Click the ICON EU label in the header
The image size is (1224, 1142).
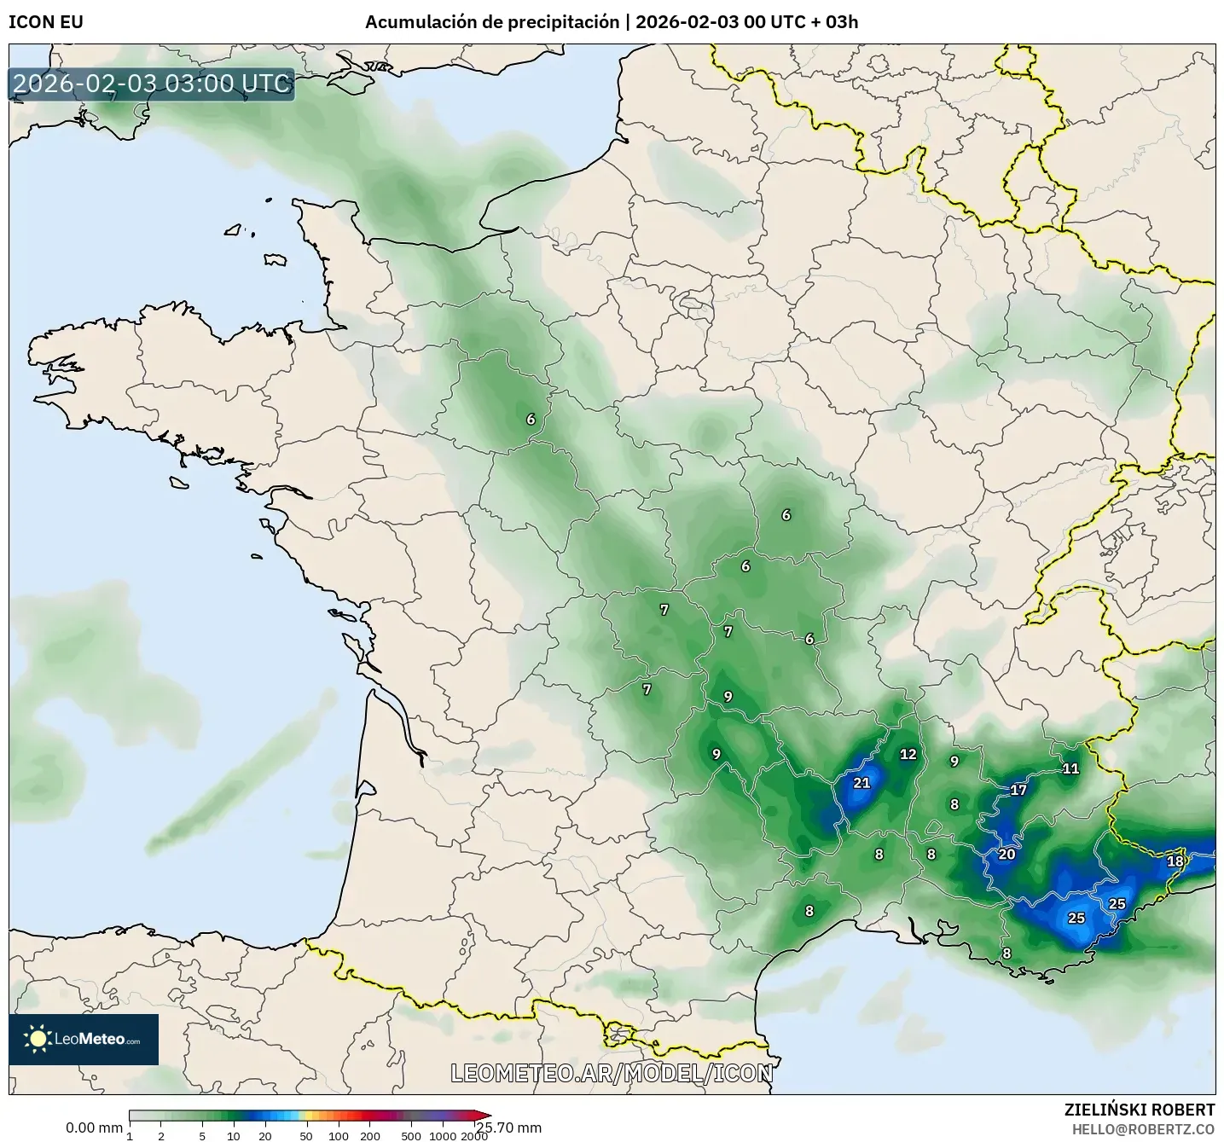[x=46, y=22]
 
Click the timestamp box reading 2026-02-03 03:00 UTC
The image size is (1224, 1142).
[x=152, y=84]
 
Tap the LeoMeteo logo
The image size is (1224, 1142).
[x=84, y=1039]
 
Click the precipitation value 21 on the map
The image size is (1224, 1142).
[x=861, y=782]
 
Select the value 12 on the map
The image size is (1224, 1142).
[x=908, y=754]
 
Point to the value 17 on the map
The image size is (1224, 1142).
[x=1018, y=790]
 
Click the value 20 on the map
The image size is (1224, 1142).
[x=1006, y=854]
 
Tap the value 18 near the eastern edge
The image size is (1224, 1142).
[x=1175, y=861]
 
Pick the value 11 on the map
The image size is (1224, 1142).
[x=1070, y=768]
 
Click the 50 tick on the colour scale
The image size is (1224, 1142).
[x=306, y=1135]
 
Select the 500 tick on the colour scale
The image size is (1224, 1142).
[x=411, y=1135]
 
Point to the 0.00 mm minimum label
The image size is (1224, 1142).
[x=94, y=1128]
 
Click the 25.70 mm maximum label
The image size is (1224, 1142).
[x=509, y=1128]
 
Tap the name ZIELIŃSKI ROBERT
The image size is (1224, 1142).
[x=1140, y=1110]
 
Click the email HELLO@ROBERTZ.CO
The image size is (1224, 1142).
[x=1143, y=1128]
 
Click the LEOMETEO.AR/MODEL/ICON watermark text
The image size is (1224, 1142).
[x=612, y=1073]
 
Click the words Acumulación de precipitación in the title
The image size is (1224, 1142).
[x=492, y=22]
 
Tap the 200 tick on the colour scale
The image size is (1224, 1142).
[x=369, y=1135]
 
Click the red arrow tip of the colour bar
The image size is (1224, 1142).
[x=485, y=1115]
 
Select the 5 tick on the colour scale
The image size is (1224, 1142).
[x=202, y=1135]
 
